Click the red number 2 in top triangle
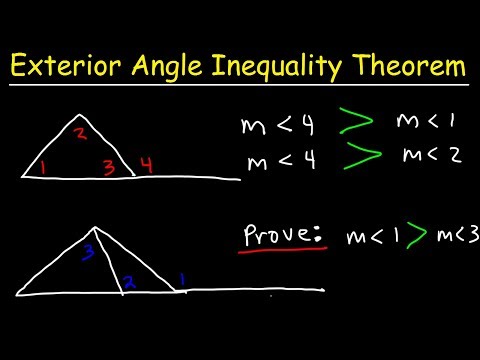pyautogui.click(x=83, y=133)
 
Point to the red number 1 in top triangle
pyautogui.click(x=42, y=168)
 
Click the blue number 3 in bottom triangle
pyautogui.click(x=89, y=250)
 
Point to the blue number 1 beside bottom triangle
pyautogui.click(x=183, y=277)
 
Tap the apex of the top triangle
pyautogui.click(x=76, y=114)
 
